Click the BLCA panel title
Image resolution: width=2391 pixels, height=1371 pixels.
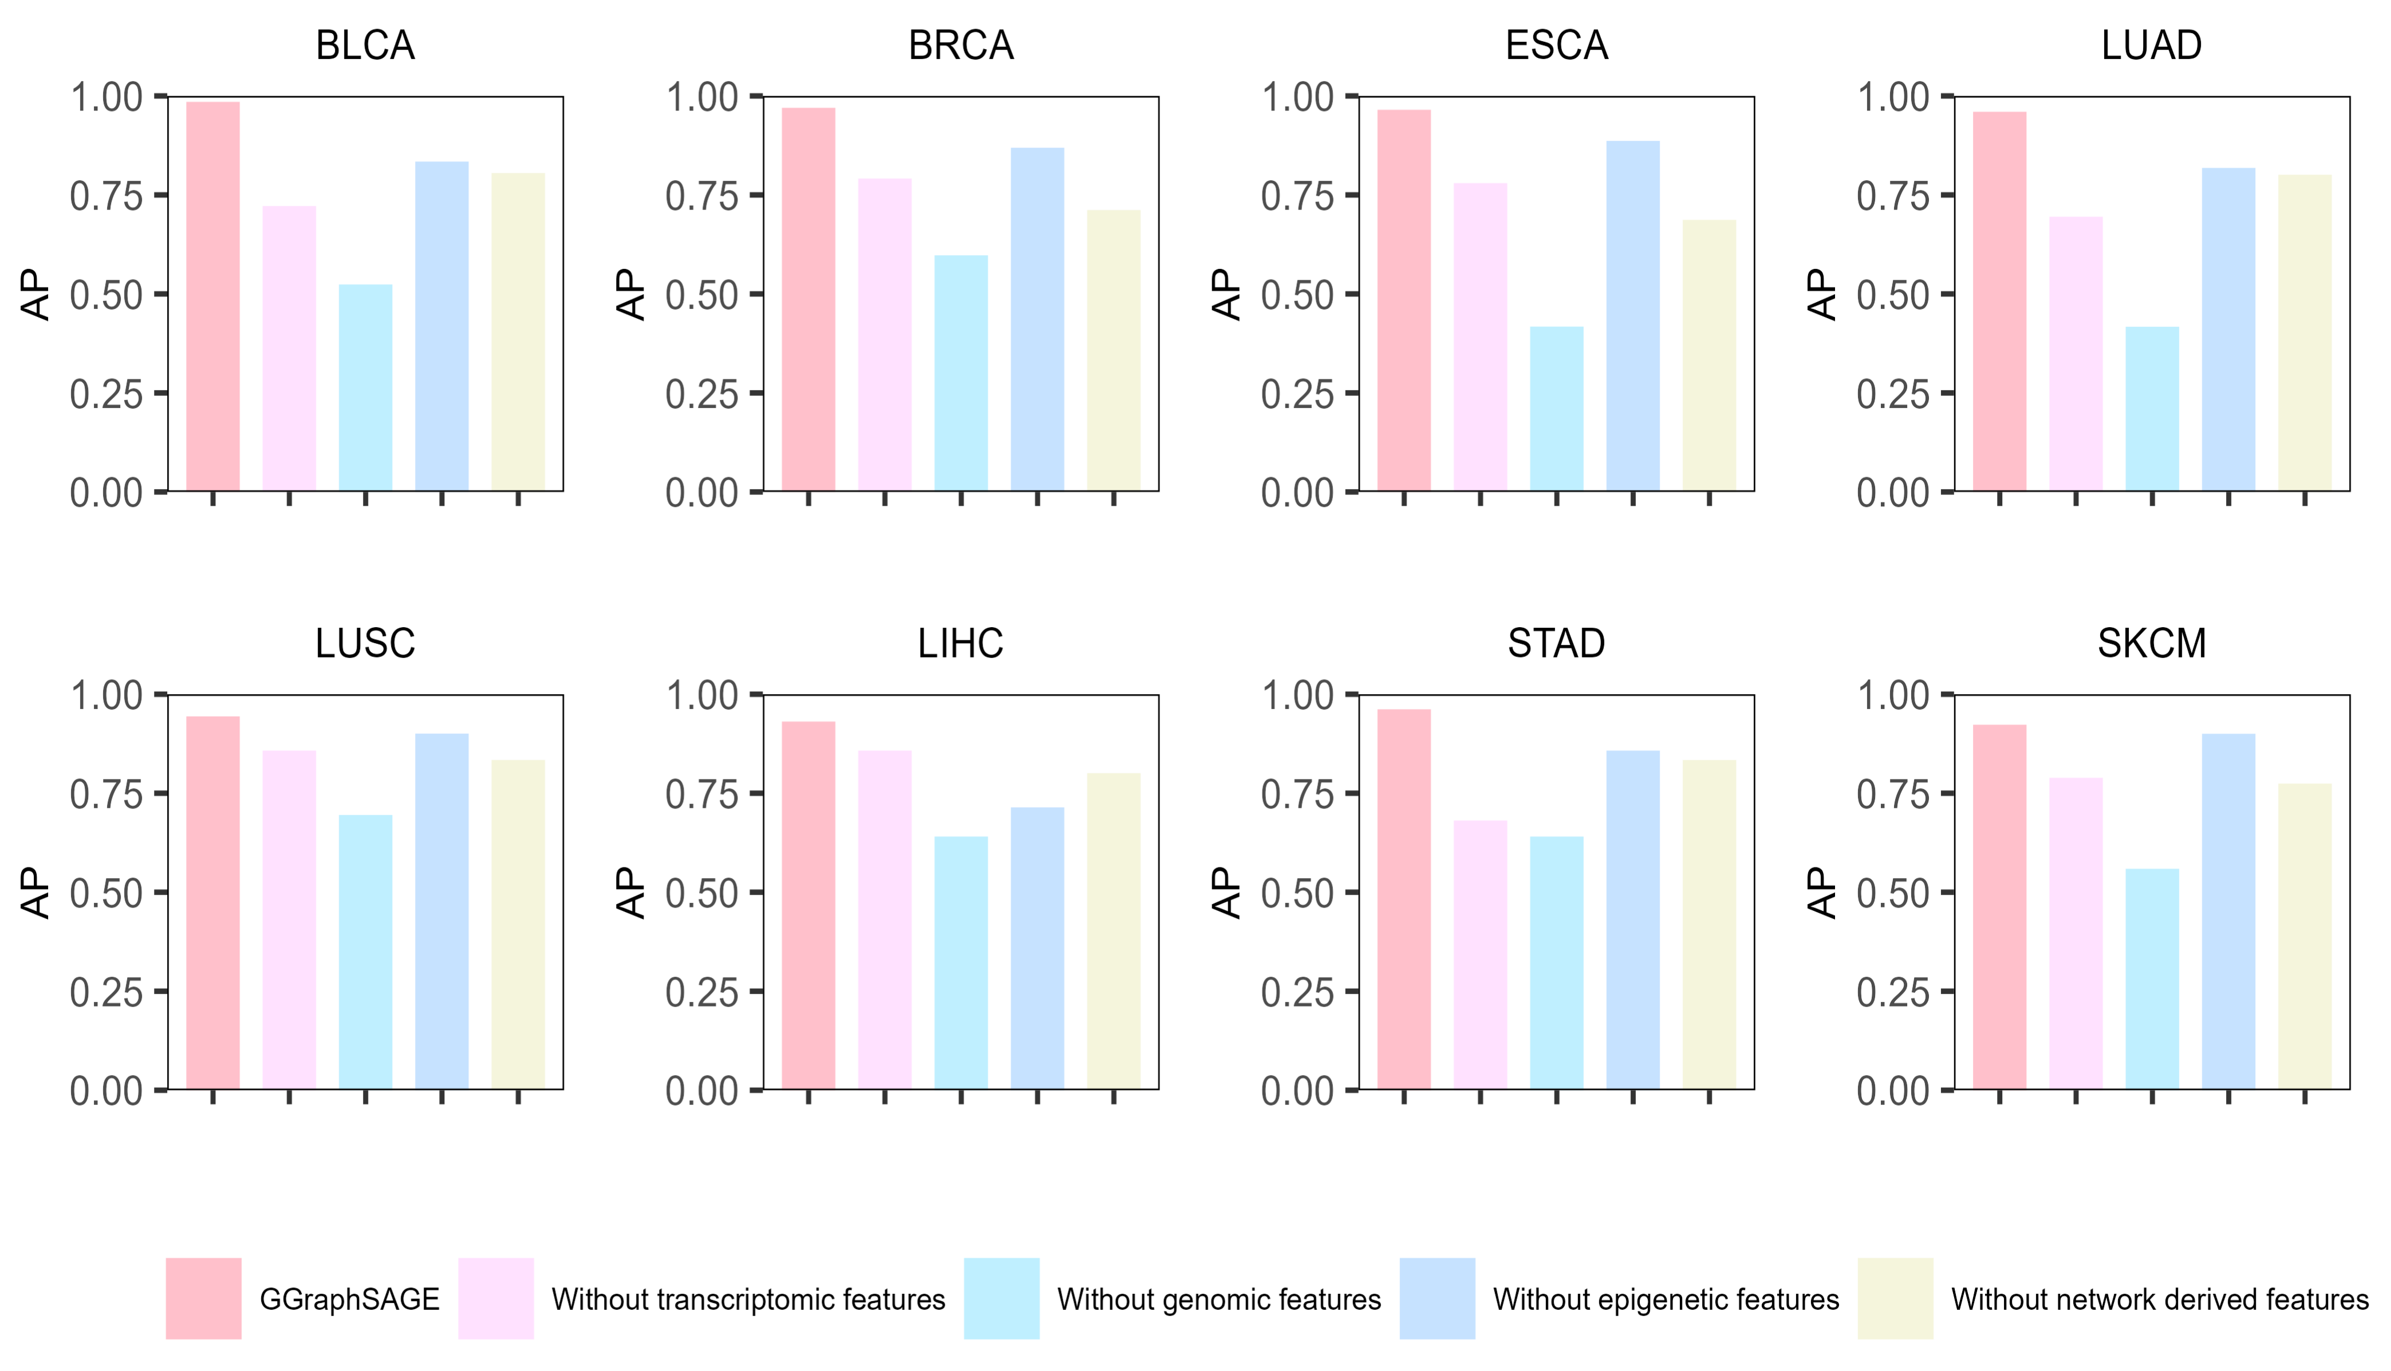(365, 45)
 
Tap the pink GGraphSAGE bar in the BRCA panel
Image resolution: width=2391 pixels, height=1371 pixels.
(808, 299)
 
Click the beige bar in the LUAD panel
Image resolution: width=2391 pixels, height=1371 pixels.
(2305, 332)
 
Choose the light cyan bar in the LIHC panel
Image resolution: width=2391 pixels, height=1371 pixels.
(961, 962)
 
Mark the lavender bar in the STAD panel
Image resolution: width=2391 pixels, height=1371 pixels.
(1480, 955)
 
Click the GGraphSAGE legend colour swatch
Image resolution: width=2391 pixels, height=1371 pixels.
(203, 1298)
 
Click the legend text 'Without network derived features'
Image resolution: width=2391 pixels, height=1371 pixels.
(2159, 1299)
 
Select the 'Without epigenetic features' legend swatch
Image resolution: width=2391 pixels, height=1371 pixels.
(1437, 1298)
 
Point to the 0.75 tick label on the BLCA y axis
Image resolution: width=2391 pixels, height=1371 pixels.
(106, 196)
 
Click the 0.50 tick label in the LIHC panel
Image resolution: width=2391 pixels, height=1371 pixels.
(702, 893)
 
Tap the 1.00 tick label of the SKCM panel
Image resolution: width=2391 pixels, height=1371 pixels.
(1893, 696)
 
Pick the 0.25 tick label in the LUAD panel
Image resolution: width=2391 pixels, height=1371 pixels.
(1893, 394)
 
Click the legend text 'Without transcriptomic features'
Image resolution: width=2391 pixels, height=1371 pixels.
(748, 1299)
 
